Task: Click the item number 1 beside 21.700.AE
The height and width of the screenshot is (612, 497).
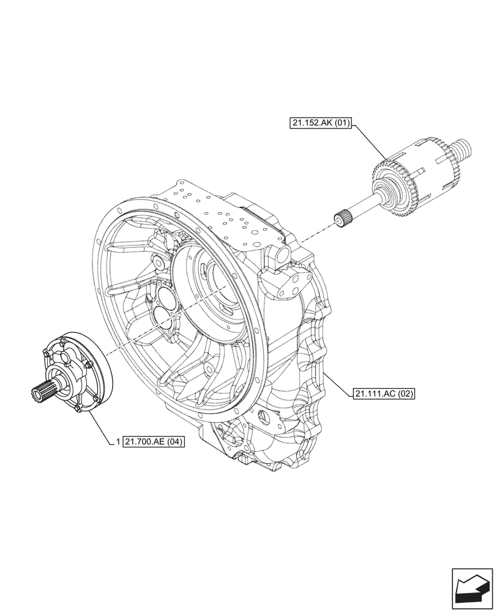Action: (117, 441)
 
